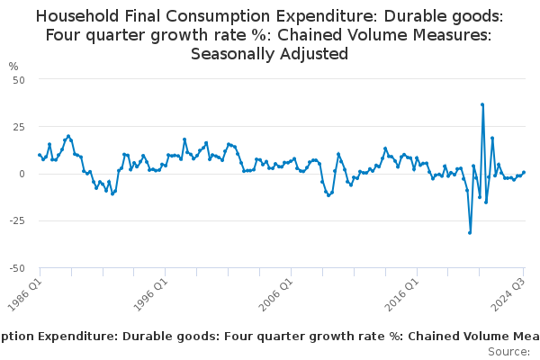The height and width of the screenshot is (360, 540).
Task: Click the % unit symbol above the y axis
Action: (13, 67)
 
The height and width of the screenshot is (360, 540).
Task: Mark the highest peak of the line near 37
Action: (482, 104)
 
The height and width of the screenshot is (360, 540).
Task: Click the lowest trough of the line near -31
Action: (470, 232)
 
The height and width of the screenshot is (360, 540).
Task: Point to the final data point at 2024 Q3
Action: (524, 172)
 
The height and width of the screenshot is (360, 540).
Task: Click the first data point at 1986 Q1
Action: (40, 155)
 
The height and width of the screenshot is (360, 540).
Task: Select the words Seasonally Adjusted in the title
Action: (270, 53)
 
